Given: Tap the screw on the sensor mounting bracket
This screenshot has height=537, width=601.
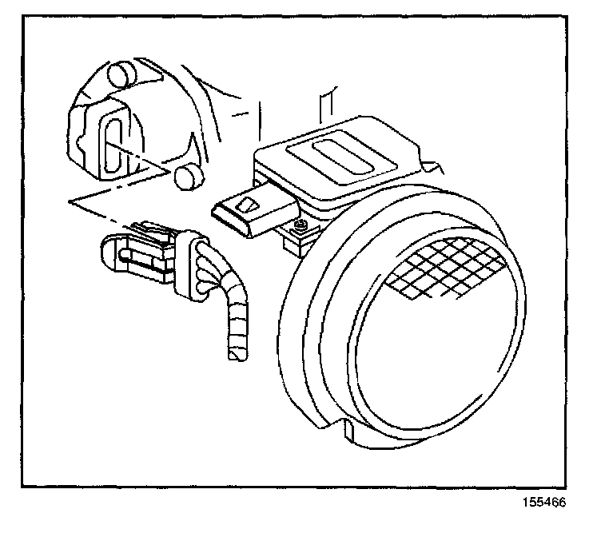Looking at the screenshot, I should pos(300,226).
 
